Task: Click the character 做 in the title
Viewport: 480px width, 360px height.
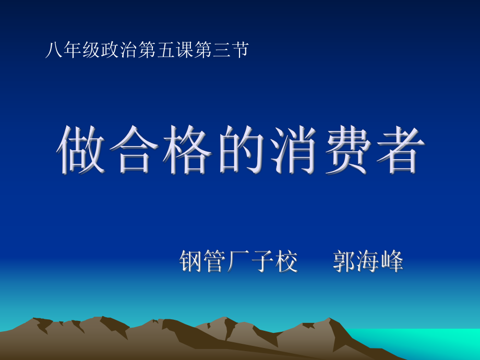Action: (x=81, y=149)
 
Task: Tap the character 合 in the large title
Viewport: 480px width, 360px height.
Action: (x=134, y=149)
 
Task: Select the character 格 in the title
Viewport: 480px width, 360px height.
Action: (x=186, y=149)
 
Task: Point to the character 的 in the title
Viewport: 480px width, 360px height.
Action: (x=238, y=149)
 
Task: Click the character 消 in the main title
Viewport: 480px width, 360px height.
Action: (x=290, y=149)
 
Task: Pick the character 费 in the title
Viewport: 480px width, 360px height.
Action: (x=342, y=149)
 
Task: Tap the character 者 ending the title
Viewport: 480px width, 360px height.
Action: (x=394, y=149)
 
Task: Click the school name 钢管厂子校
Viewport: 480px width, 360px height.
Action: (x=238, y=261)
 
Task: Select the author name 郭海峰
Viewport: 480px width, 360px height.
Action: (x=368, y=261)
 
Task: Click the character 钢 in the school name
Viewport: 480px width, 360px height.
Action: (x=191, y=261)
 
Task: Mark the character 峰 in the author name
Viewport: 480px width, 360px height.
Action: (x=392, y=261)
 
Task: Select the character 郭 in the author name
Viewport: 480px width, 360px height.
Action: (x=344, y=261)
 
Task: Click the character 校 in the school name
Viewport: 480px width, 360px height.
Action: (x=286, y=261)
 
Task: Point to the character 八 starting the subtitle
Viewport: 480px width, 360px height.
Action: (x=52, y=51)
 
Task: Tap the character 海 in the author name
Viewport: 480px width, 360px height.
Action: (x=368, y=261)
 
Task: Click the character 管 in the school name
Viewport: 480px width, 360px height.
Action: (x=215, y=261)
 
